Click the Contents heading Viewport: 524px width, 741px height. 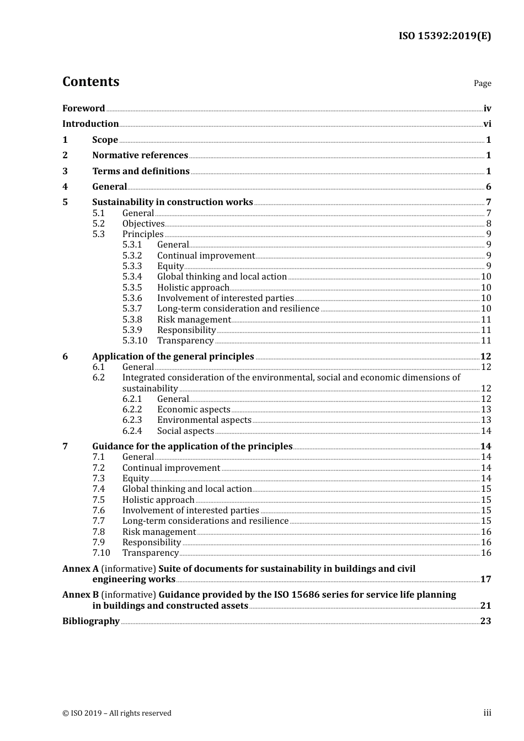(90, 82)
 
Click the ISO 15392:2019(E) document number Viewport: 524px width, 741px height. (445, 36)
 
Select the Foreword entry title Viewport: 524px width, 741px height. (83, 108)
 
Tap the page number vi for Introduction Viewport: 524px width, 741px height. (487, 124)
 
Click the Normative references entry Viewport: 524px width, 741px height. (140, 155)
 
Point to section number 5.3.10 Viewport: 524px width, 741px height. (135, 341)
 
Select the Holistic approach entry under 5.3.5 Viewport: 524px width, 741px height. (193, 287)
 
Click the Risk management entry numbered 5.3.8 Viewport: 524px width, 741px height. (194, 319)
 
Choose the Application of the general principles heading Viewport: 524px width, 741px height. (173, 357)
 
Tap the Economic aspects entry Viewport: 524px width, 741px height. (194, 409)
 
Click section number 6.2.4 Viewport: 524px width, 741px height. (132, 431)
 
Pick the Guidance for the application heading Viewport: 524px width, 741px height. (192, 446)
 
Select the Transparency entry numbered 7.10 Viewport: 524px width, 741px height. (150, 553)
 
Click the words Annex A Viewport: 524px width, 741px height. (80, 568)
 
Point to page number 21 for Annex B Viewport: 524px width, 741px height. (485, 605)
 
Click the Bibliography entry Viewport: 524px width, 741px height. (90, 621)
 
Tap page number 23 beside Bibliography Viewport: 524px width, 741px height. (485, 621)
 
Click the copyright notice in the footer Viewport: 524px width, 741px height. (116, 713)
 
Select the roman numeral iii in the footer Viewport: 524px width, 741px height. (487, 713)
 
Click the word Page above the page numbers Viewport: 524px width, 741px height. (482, 83)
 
